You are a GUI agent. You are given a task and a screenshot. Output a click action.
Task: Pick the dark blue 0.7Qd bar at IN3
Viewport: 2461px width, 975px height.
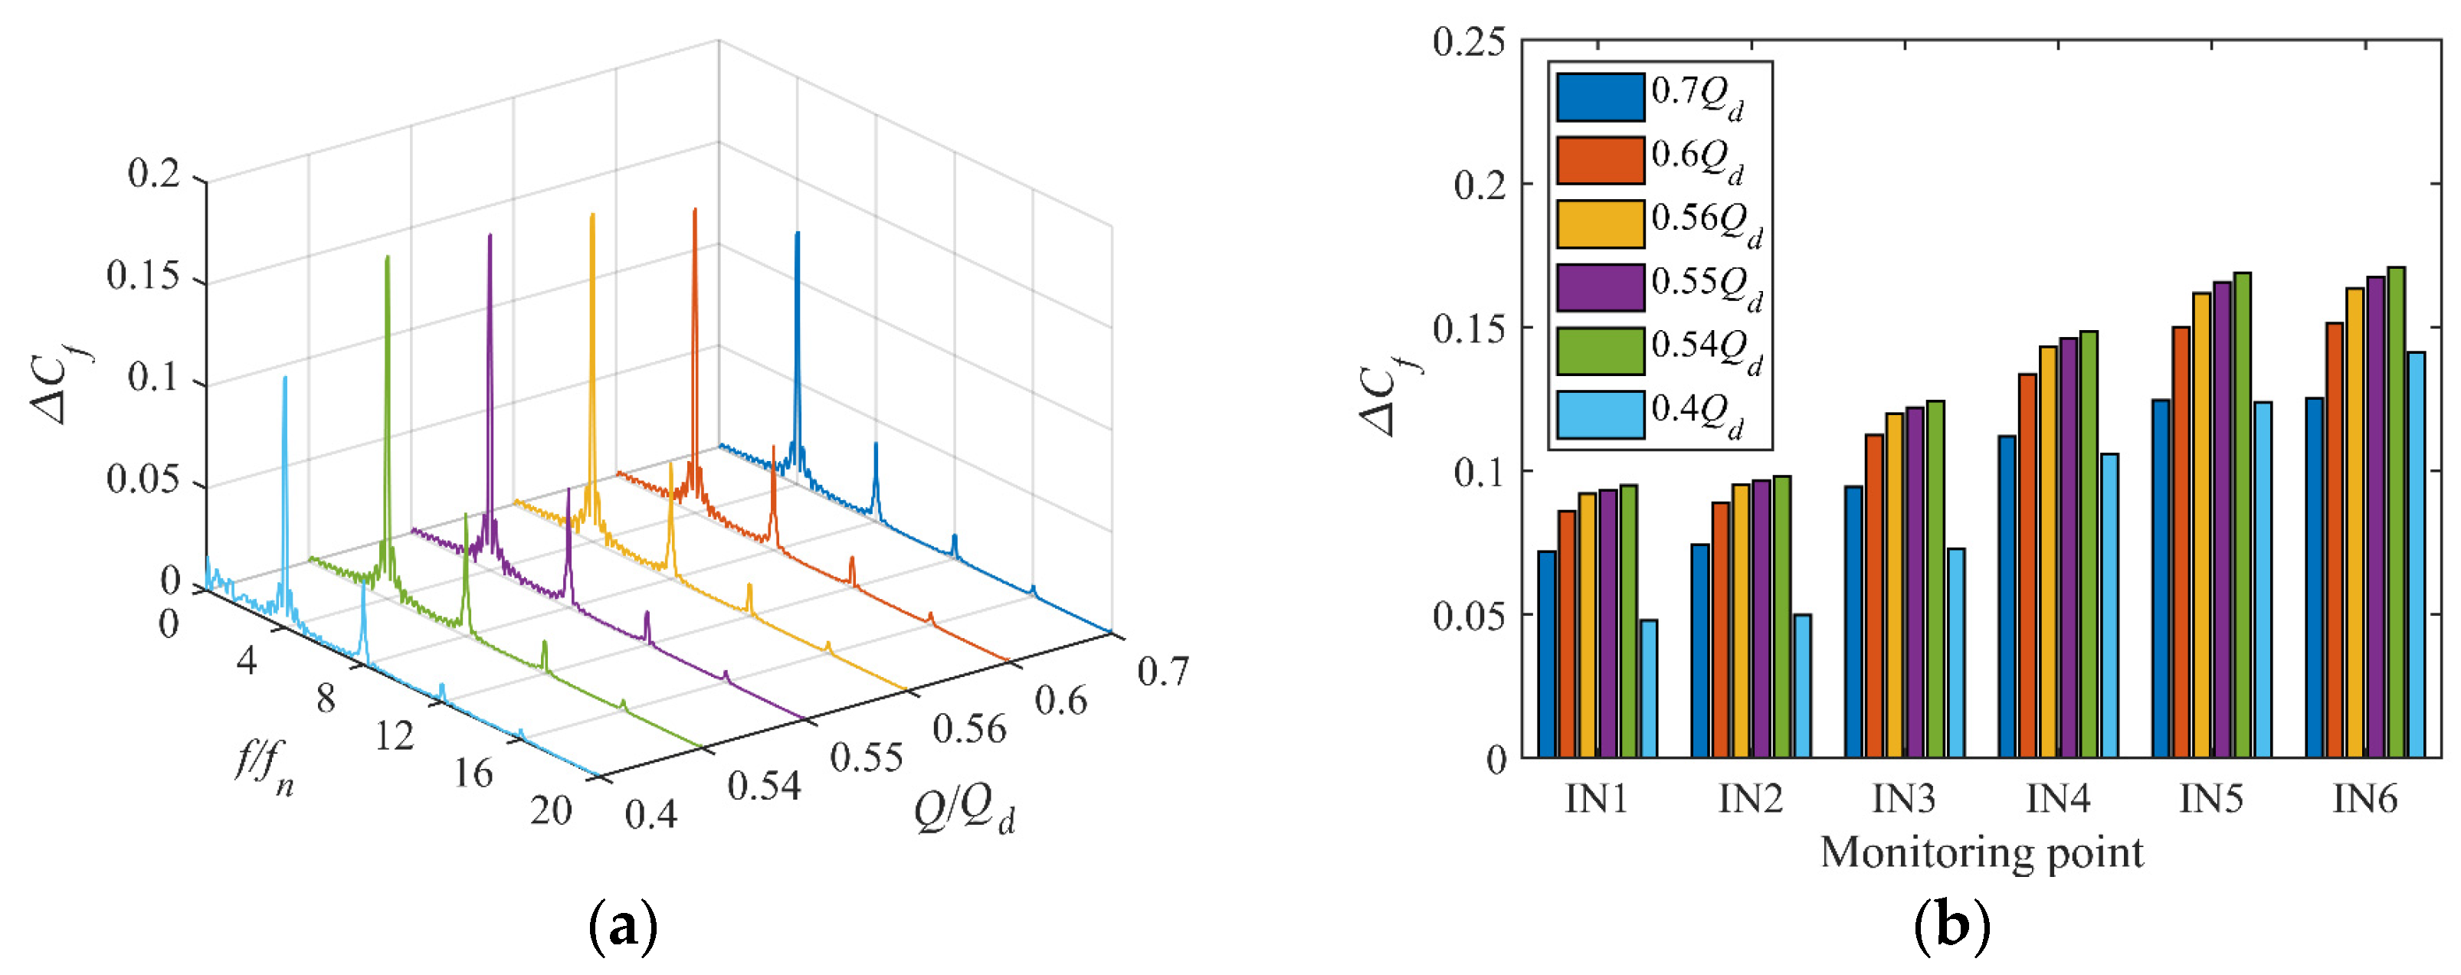(1853, 622)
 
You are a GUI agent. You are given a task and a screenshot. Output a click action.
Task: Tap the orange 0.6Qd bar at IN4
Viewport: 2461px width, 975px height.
(2027, 565)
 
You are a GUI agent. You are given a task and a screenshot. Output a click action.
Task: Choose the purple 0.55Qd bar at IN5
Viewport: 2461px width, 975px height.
(2222, 519)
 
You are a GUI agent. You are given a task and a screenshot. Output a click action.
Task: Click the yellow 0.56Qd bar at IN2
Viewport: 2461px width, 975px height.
(1741, 620)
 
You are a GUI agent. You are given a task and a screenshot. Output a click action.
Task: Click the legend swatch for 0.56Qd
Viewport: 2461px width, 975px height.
(1601, 224)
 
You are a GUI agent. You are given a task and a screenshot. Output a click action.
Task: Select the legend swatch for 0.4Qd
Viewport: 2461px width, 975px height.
(1601, 414)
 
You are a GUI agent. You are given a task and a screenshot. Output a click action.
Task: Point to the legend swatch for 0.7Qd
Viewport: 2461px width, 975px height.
(1601, 97)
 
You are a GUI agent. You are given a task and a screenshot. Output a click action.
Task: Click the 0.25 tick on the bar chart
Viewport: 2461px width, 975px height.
(1468, 42)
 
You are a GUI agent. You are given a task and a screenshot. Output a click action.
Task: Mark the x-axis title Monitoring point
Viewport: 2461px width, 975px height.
(1981, 852)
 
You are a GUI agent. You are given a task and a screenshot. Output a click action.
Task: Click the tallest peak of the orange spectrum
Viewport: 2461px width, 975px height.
(694, 212)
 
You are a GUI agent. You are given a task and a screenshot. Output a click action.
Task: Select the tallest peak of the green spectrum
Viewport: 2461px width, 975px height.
(387, 258)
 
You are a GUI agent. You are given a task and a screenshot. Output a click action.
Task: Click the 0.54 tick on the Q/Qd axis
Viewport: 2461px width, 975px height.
(763, 785)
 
